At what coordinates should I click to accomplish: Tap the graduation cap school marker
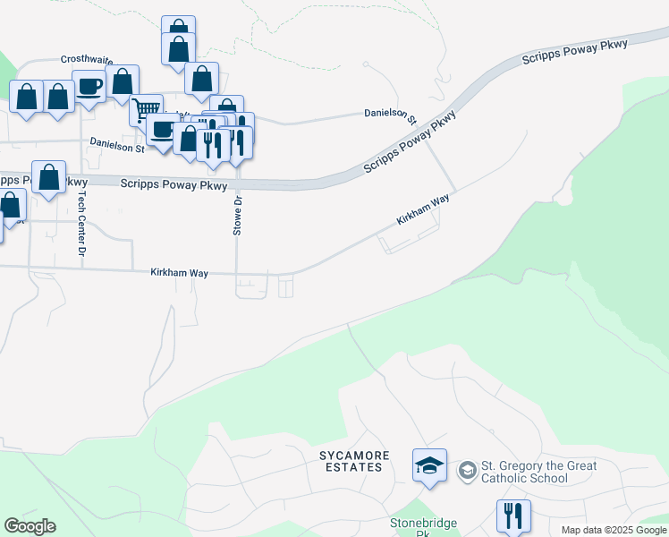[429, 465]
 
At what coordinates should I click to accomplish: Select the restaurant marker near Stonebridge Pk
[513, 515]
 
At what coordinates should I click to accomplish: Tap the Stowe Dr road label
[238, 215]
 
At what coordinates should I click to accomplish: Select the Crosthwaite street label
[87, 59]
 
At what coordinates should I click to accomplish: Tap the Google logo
[30, 526]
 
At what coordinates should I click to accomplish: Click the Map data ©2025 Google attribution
[614, 530]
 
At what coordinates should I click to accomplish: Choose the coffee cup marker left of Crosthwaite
[89, 86]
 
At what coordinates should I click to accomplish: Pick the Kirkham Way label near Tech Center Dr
[179, 272]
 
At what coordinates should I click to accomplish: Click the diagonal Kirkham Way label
[424, 212]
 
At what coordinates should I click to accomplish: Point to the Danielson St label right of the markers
[391, 114]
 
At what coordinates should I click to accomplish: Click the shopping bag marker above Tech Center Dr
[48, 177]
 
